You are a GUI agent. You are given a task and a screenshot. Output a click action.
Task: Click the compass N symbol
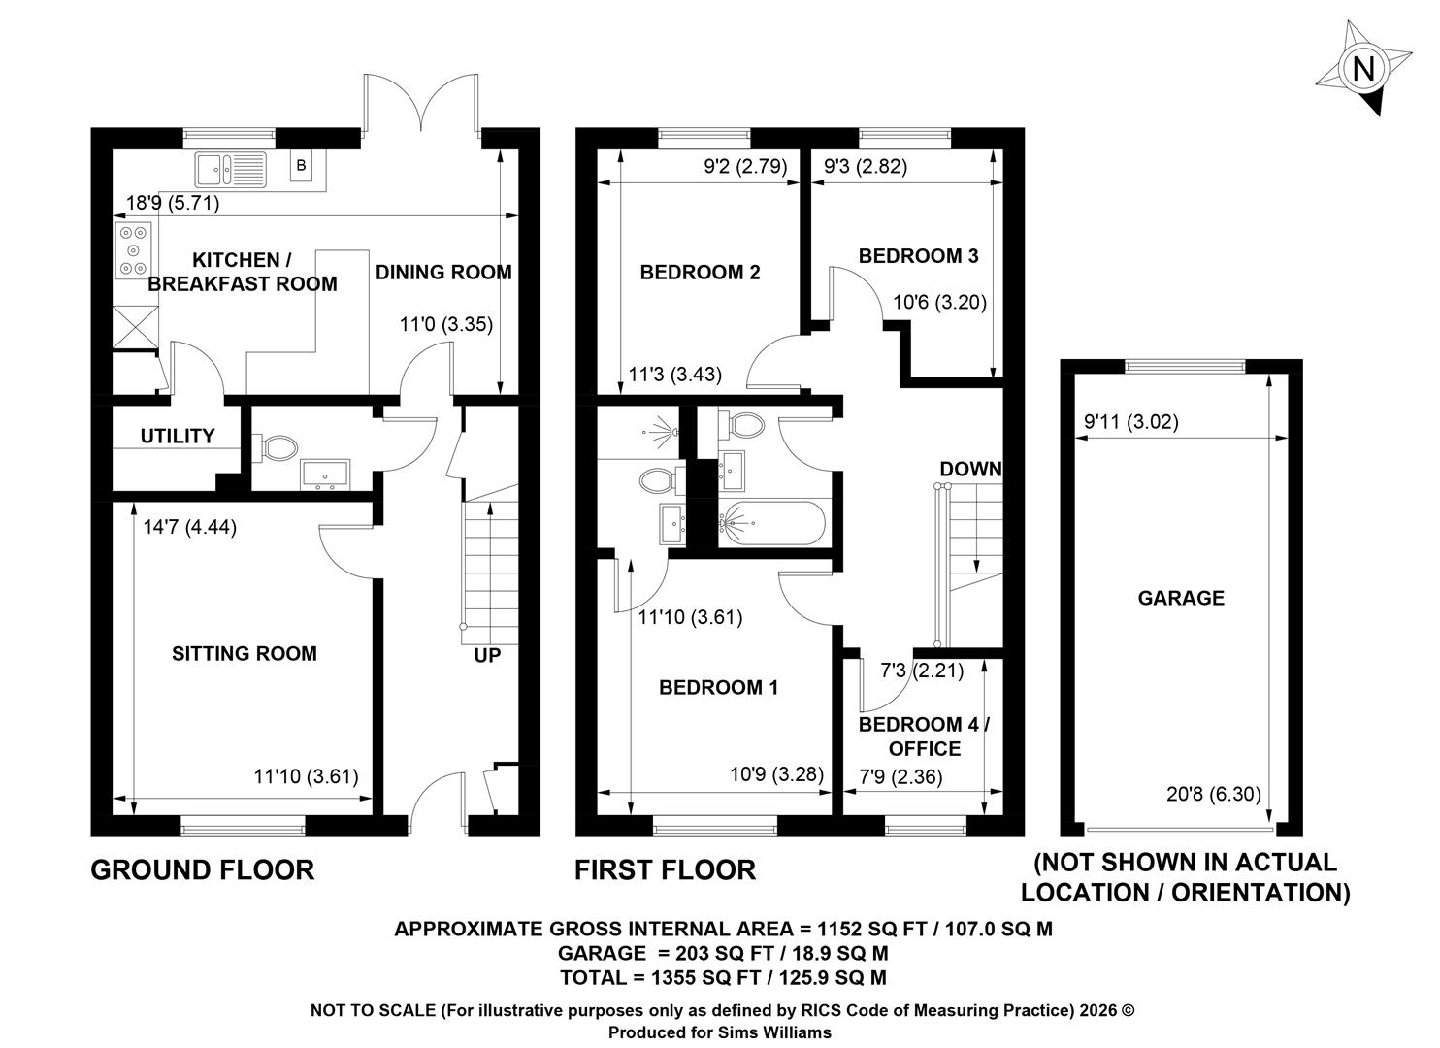(x=1362, y=69)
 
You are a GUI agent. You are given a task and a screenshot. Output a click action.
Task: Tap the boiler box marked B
(x=301, y=165)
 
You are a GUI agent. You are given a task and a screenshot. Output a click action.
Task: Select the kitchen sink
(x=230, y=170)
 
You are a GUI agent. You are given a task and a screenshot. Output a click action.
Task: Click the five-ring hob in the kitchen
(x=134, y=250)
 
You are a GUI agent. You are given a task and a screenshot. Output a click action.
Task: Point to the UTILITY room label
(x=178, y=436)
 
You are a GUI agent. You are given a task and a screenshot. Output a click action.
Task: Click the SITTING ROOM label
(x=245, y=653)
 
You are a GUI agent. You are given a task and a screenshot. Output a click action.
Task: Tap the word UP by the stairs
(x=487, y=655)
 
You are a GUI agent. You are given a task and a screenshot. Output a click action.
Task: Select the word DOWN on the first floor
(x=970, y=469)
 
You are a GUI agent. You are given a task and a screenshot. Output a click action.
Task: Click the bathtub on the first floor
(x=771, y=523)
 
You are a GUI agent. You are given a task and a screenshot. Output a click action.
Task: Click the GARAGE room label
(x=1181, y=598)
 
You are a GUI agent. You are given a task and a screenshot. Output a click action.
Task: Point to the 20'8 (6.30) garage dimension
(x=1214, y=794)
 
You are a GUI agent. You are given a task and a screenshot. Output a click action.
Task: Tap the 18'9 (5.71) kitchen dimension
(x=173, y=203)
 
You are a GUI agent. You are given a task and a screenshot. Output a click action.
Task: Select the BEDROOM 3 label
(x=918, y=256)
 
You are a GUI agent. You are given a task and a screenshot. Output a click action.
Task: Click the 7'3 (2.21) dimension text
(x=922, y=671)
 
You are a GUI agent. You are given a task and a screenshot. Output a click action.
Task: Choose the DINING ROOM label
(x=443, y=272)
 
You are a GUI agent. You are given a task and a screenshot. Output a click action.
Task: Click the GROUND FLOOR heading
(x=203, y=869)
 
